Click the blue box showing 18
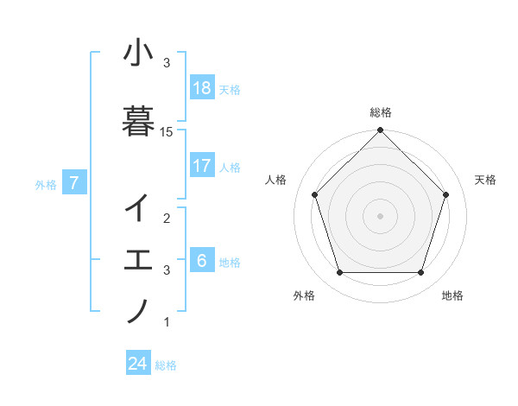tap(202, 88)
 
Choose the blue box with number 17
tap(202, 165)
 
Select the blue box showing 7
tap(75, 182)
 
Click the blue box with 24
tap(138, 364)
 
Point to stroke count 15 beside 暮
tap(167, 131)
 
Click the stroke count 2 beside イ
tap(167, 218)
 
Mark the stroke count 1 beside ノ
tap(167, 322)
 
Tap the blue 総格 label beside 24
tap(166, 365)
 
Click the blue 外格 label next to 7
tap(46, 184)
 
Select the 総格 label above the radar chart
tap(381, 112)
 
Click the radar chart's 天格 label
tap(486, 180)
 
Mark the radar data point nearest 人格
tap(314, 194)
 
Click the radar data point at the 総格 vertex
tap(381, 130)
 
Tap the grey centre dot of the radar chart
tap(381, 215)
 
